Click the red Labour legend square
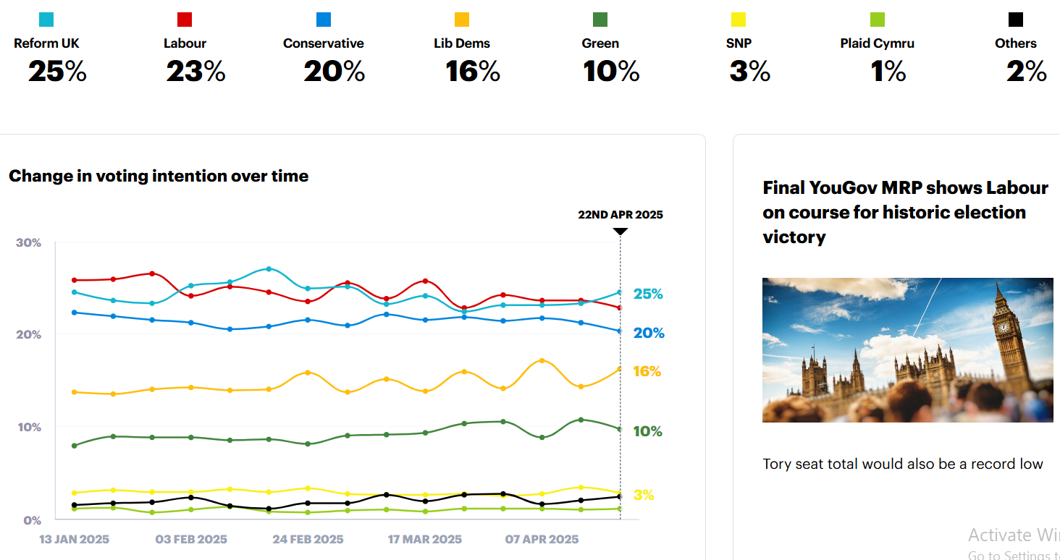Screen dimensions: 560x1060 [x=185, y=20]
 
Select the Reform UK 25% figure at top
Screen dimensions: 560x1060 [x=57, y=72]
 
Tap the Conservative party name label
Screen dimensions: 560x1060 [x=323, y=43]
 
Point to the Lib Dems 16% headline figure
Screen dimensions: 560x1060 [x=473, y=72]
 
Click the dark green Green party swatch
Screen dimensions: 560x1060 [x=600, y=20]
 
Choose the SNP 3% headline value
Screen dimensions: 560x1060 [x=749, y=72]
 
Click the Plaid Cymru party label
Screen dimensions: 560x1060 [x=877, y=43]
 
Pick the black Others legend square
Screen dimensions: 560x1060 [x=1016, y=20]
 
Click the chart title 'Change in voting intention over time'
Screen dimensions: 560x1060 [x=159, y=176]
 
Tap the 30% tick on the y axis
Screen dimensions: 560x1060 [x=28, y=242]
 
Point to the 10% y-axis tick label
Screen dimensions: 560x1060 [x=28, y=427]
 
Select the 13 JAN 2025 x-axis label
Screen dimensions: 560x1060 [x=74, y=539]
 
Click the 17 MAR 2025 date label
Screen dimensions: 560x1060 [x=424, y=539]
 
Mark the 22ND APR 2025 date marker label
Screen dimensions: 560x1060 [x=620, y=214]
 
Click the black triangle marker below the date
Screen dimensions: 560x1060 [x=620, y=232]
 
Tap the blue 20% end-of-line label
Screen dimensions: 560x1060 [x=648, y=333]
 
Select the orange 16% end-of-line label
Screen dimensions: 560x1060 [x=647, y=371]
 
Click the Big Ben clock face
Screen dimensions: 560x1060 [x=1004, y=326]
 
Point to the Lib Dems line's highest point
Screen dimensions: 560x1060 [x=542, y=360]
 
